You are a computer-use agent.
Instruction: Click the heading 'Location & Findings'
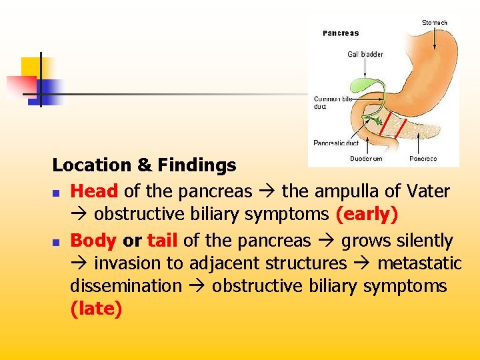pos(144,165)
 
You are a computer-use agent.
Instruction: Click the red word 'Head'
pos(94,191)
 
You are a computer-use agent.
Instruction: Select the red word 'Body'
pos(93,241)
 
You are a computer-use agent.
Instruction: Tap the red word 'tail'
pos(163,241)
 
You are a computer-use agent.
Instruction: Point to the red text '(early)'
pos(367,214)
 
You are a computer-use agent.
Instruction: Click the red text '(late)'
pos(96,309)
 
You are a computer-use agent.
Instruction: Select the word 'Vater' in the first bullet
pos(427,191)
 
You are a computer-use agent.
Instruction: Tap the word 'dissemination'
pos(126,286)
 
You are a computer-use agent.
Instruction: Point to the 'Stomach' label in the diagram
pos(435,23)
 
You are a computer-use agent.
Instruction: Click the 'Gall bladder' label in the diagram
pos(365,54)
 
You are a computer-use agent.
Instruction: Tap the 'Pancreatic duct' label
pos(336,143)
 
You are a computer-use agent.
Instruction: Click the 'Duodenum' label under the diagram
pos(366,159)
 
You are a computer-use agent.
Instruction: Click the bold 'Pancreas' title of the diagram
pos(341,33)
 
